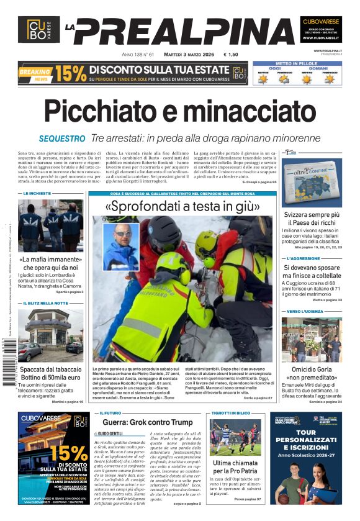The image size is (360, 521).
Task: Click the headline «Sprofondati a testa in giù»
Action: click(x=181, y=206)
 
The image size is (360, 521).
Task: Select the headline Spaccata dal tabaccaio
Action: click(x=50, y=369)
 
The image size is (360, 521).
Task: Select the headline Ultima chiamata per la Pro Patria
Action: click(x=236, y=468)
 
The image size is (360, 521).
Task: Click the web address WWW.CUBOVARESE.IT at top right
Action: click(x=320, y=38)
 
